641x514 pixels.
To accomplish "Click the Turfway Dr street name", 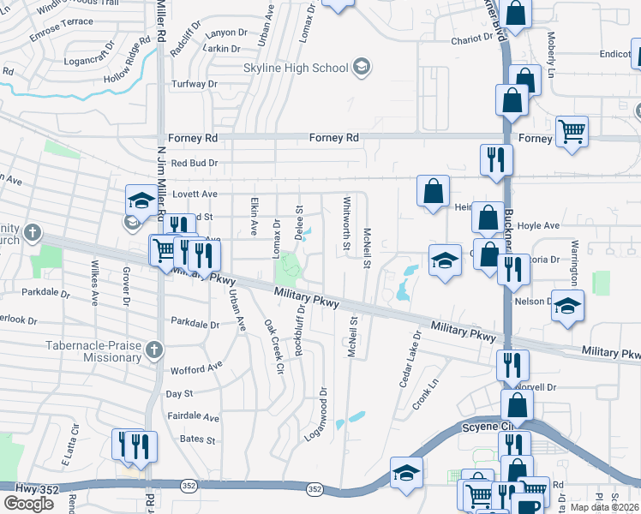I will click(195, 84).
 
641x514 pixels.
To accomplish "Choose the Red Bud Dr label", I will click(195, 163).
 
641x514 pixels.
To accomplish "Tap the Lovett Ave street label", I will click(195, 194).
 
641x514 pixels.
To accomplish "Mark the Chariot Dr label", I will click(474, 39).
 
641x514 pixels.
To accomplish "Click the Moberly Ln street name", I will click(551, 54).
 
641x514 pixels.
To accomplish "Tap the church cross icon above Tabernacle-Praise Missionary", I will click(153, 349).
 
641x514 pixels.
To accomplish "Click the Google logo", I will click(28, 503).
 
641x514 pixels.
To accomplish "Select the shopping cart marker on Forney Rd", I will click(571, 132).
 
